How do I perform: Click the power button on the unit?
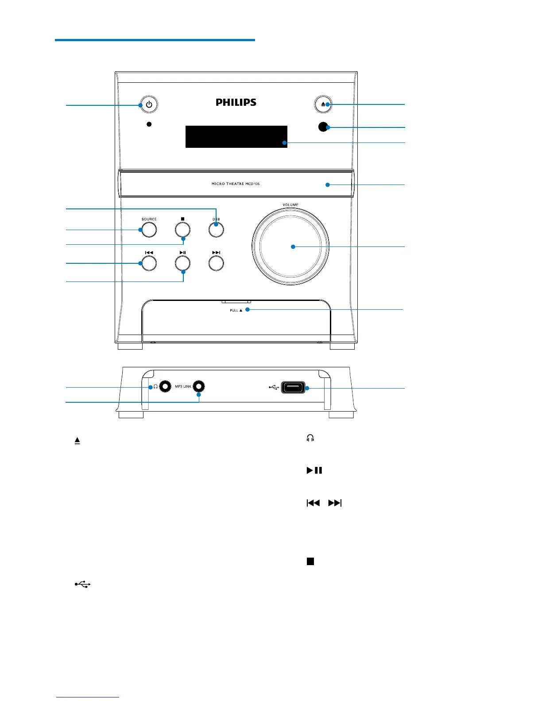149,104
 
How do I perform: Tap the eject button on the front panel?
323,104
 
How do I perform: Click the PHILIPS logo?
236,102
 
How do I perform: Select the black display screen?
236,137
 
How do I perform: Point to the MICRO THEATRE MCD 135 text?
236,184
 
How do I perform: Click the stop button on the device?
182,230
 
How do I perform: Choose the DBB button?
216,230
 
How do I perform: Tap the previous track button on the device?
149,263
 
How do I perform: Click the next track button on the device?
216,263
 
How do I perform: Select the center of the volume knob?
290,247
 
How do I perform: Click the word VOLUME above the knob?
290,205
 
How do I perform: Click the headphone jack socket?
165,386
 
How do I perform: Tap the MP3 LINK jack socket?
199,386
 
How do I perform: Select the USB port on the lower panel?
293,388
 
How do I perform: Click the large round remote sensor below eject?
323,127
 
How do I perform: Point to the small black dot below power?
149,124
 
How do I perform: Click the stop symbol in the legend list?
310,561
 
